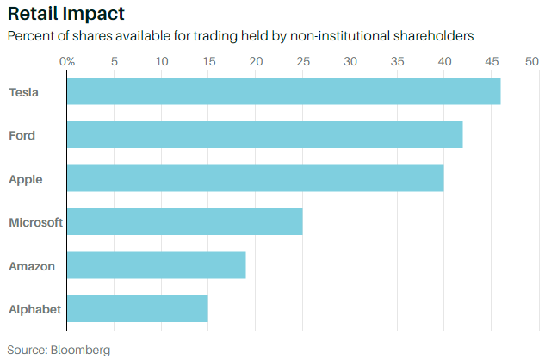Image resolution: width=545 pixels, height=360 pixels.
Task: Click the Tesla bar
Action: tap(283, 92)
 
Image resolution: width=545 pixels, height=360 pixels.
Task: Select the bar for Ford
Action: tap(264, 135)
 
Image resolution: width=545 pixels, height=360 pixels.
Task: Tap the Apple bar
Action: tap(255, 178)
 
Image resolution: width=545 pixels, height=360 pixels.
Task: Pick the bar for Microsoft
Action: tap(184, 221)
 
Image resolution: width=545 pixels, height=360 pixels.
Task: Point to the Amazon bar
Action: tap(156, 265)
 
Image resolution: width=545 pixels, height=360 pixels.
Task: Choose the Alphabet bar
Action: tap(137, 308)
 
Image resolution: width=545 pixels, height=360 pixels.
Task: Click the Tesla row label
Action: tap(23, 92)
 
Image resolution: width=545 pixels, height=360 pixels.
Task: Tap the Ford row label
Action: tap(22, 135)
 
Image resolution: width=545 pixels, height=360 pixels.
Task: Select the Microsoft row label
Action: tap(35, 222)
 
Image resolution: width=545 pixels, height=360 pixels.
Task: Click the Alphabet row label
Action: tap(34, 308)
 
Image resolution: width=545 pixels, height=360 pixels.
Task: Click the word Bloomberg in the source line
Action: tap(80, 350)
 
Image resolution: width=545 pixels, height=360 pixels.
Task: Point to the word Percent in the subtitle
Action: tap(30, 37)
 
